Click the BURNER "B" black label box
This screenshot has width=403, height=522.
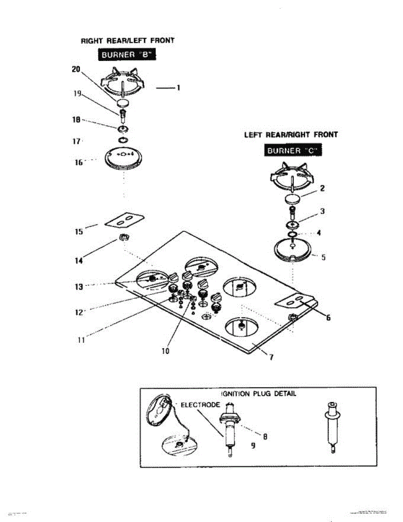coord(126,55)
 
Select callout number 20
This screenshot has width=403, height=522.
coord(77,69)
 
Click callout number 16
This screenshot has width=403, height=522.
coord(78,162)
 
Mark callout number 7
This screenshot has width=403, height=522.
coord(271,357)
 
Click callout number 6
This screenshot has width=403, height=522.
coord(329,318)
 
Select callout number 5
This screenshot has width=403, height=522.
coord(323,257)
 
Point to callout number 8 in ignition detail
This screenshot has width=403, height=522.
coord(264,436)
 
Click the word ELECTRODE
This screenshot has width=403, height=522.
coord(200,405)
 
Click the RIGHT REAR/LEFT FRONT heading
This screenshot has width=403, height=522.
coord(128,40)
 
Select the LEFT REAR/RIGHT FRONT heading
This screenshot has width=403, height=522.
coord(291,135)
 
